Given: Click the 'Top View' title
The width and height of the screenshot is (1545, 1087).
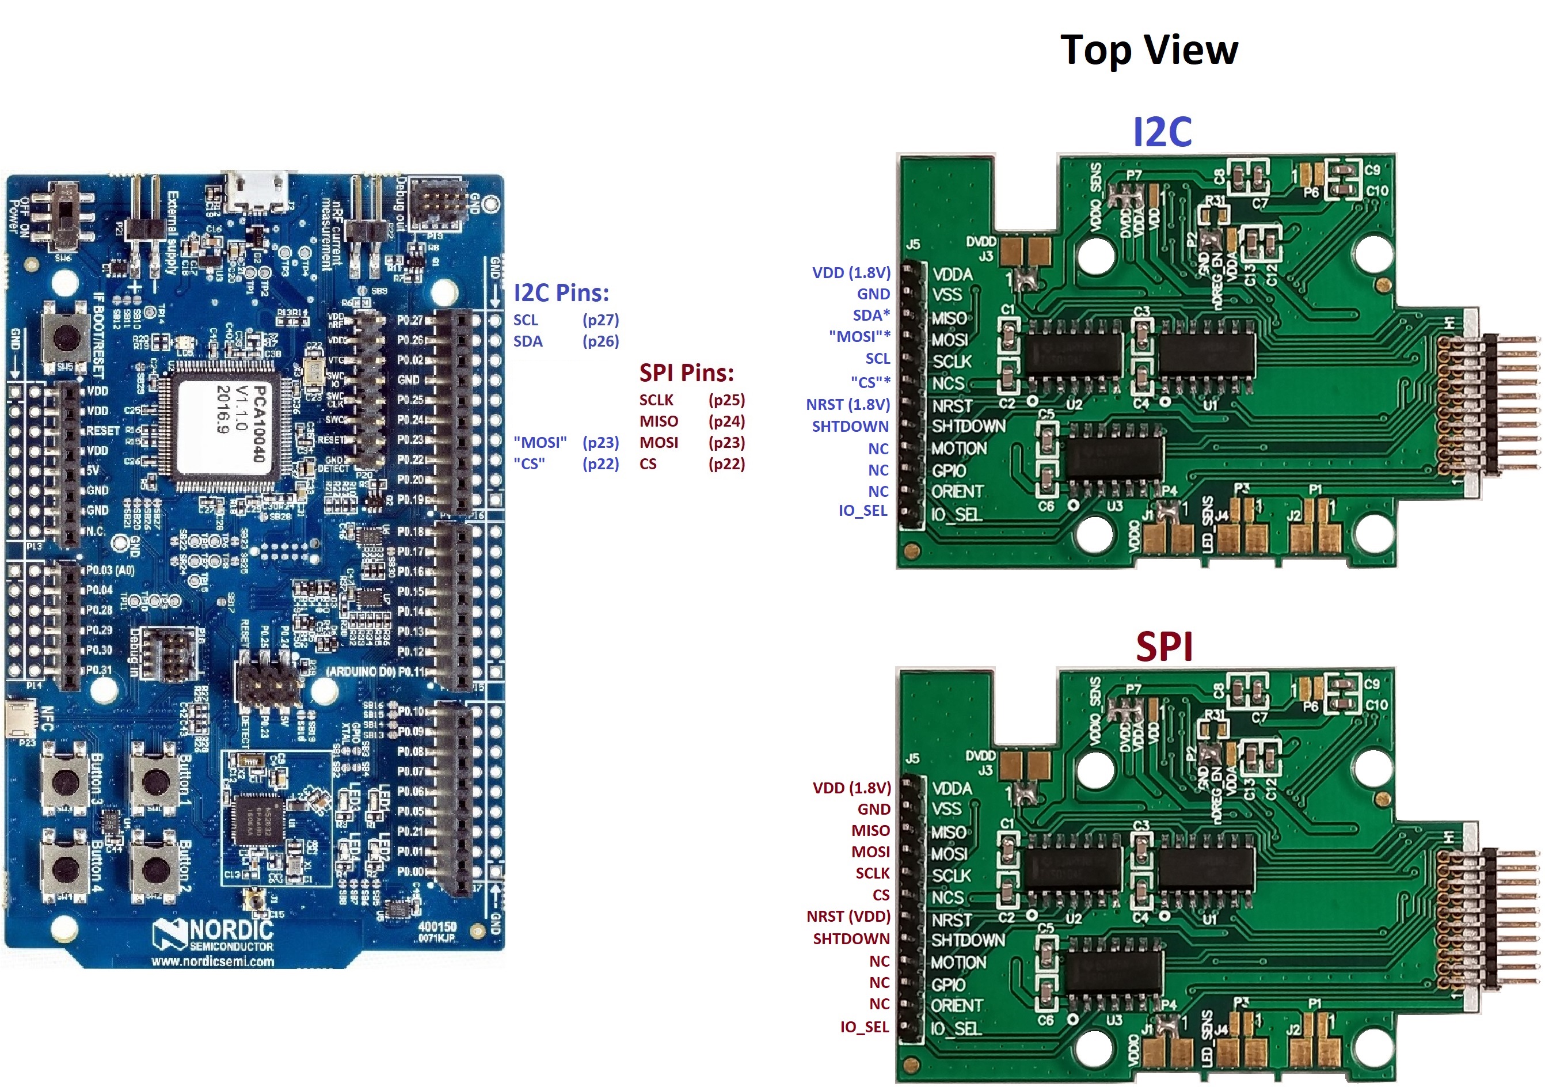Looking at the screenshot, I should [x=1148, y=51].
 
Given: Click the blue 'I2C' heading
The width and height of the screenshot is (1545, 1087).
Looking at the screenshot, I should [x=1162, y=132].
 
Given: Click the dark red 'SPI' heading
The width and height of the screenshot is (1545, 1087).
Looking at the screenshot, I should [x=1164, y=647].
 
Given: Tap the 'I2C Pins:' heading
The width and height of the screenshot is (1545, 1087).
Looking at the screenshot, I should [x=561, y=293].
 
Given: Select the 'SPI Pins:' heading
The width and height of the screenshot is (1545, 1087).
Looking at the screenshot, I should [x=686, y=373].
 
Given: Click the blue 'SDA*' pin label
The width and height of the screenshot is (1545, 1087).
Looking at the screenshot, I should [x=871, y=315].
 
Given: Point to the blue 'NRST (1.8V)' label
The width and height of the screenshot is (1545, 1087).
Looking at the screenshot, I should [x=848, y=405].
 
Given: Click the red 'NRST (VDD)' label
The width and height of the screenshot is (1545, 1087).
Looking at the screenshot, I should [x=848, y=917].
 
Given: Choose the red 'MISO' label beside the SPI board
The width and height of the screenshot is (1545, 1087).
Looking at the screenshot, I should [x=870, y=831].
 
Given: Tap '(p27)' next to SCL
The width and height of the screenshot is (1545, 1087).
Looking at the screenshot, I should [x=600, y=320].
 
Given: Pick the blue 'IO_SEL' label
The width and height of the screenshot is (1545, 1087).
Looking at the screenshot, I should [x=863, y=511].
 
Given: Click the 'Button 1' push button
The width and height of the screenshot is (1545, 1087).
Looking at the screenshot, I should [x=155, y=781].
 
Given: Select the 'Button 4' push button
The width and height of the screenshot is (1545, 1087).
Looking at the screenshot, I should [x=65, y=868].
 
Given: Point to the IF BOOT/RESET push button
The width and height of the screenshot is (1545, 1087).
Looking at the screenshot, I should [x=65, y=335].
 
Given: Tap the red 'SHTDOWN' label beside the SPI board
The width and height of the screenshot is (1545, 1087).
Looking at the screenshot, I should [x=851, y=939].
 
